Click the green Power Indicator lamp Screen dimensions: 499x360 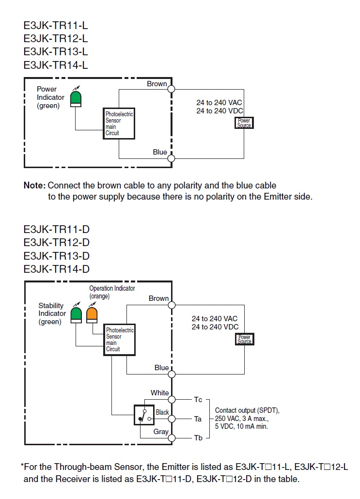pyautogui.click(x=75, y=98)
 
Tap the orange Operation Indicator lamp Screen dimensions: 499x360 pyautogui.click(x=92, y=315)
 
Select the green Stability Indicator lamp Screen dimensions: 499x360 pyautogui.click(x=76, y=315)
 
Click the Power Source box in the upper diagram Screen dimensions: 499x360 pyautogui.click(x=244, y=123)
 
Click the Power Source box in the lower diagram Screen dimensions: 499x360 pyautogui.click(x=244, y=339)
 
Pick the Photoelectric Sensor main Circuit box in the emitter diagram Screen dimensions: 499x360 pyautogui.click(x=119, y=124)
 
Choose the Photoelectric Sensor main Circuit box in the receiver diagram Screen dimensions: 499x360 pyautogui.click(x=119, y=340)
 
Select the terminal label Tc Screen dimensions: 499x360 pyautogui.click(x=198, y=400)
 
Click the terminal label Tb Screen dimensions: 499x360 pyautogui.click(x=198, y=438)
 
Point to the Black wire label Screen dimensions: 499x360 pyautogui.click(x=162, y=412)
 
